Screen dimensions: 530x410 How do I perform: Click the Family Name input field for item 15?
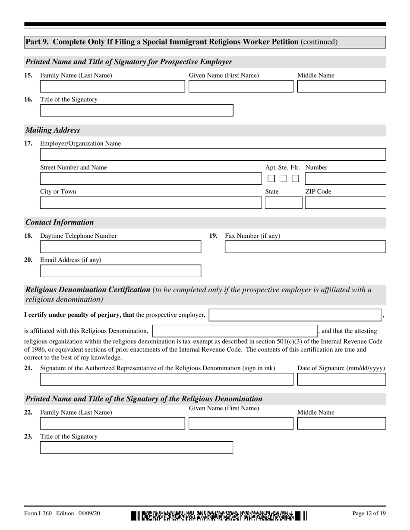coord(112,87)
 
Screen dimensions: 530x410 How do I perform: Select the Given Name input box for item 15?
coord(241,87)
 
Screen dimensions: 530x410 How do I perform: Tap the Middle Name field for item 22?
coord(341,424)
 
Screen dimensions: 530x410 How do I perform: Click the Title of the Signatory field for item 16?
coord(136,110)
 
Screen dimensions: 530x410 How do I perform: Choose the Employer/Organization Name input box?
coord(213,155)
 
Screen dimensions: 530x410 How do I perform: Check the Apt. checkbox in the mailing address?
coord(271,178)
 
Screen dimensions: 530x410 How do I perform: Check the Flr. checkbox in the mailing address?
coord(295,178)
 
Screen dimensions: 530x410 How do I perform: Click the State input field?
coord(284,203)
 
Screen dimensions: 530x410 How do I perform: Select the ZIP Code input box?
coord(345,203)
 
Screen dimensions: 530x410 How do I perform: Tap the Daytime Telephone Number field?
coord(120,247)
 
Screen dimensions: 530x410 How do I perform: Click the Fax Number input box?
coord(305,247)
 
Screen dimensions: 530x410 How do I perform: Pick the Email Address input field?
coord(120,271)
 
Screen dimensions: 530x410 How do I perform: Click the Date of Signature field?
coord(341,379)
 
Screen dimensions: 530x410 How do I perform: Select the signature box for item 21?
coord(166,379)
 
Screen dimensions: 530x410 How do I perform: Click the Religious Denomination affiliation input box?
coord(235,331)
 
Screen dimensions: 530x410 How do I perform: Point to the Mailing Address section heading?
coord(53,130)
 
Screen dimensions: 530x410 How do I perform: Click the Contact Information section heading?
coord(60,222)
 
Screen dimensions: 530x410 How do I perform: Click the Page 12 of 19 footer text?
coord(369,514)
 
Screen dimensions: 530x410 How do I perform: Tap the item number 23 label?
coord(28,436)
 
